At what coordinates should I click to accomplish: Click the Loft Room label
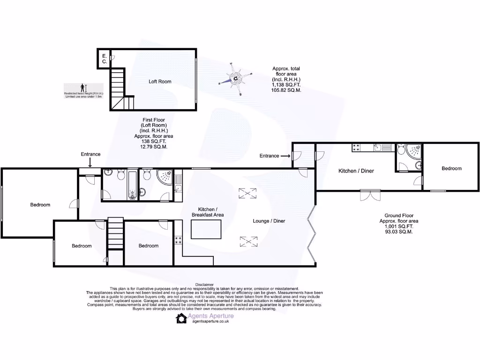click(160, 82)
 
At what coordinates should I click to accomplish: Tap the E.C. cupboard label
click(105, 59)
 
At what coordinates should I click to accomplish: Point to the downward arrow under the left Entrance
click(90, 162)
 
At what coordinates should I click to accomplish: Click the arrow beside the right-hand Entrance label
click(286, 156)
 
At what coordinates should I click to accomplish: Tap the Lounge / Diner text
click(269, 221)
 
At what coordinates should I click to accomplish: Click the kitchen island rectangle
click(206, 230)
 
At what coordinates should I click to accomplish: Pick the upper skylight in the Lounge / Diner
click(245, 193)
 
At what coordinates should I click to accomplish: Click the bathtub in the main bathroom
click(132, 184)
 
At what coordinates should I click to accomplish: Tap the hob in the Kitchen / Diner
click(356, 148)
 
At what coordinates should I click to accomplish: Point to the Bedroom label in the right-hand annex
click(451, 168)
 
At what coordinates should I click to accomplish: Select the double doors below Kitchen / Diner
click(369, 195)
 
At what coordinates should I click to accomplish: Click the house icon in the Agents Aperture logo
click(181, 318)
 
